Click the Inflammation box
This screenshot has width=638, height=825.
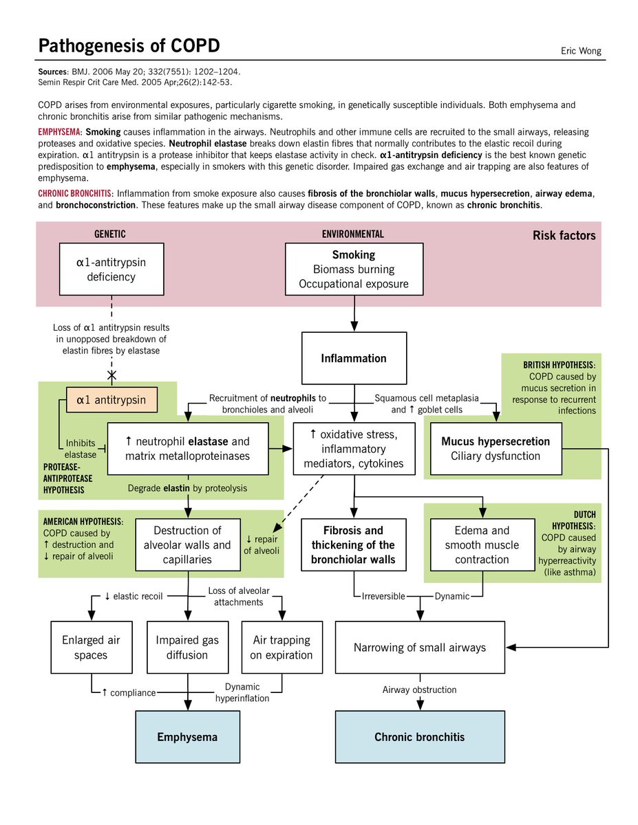click(x=354, y=358)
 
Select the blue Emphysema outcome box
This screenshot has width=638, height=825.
click(x=187, y=737)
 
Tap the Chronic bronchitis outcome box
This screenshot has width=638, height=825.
click(x=419, y=737)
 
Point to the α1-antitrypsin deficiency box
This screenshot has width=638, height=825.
click(x=111, y=269)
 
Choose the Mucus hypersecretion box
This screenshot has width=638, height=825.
click(x=496, y=448)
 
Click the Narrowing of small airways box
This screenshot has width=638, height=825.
click(x=420, y=647)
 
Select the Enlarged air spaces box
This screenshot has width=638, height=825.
click(x=91, y=647)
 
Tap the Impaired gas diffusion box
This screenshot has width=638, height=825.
click(x=187, y=647)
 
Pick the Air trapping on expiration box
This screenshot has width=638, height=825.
click(x=281, y=647)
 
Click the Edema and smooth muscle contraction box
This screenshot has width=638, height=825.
click(x=482, y=544)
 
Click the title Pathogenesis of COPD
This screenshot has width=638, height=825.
click(x=129, y=46)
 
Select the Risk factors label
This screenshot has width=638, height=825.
click(x=564, y=236)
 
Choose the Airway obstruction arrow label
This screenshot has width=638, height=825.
click(x=420, y=690)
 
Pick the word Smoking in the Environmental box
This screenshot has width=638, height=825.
click(x=354, y=254)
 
